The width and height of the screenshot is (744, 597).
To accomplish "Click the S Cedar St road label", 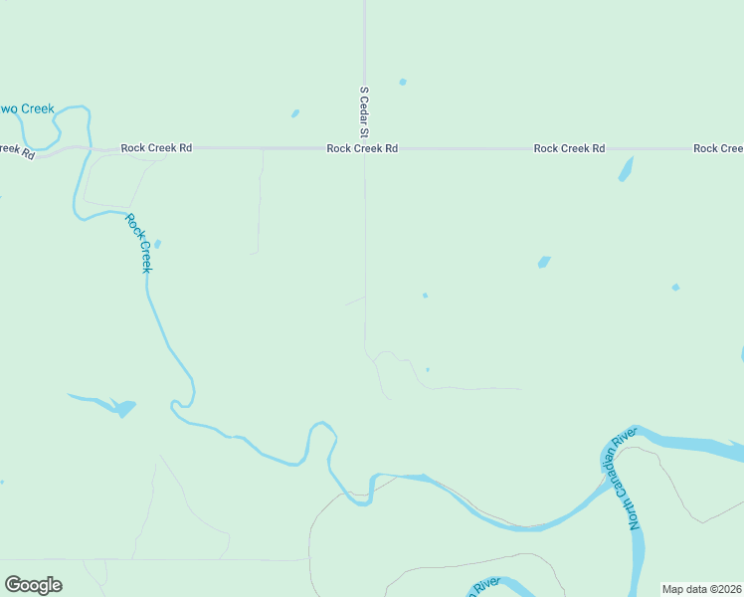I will point(364,110).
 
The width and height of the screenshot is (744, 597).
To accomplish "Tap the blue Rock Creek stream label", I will point(139,243).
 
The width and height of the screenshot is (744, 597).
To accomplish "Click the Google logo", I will point(33,585).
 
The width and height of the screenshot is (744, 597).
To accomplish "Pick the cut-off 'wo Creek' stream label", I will point(27,108).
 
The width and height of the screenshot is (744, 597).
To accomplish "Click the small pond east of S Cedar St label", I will point(403,82).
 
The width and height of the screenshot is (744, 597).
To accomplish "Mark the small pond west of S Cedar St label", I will point(295,113).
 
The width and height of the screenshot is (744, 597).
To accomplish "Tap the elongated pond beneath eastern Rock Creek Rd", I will point(626,168).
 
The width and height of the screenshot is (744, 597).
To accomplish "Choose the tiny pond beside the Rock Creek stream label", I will point(157,243).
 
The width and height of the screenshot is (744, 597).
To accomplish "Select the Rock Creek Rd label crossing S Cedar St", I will point(362,148).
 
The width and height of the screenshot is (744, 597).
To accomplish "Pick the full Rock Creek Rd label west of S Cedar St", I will point(156,147).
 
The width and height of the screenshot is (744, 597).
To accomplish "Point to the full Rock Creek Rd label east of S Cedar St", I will point(569,148).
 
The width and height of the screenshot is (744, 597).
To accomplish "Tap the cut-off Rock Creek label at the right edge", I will point(718,148).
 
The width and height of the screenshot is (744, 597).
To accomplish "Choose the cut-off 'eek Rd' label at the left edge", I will point(16,151).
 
